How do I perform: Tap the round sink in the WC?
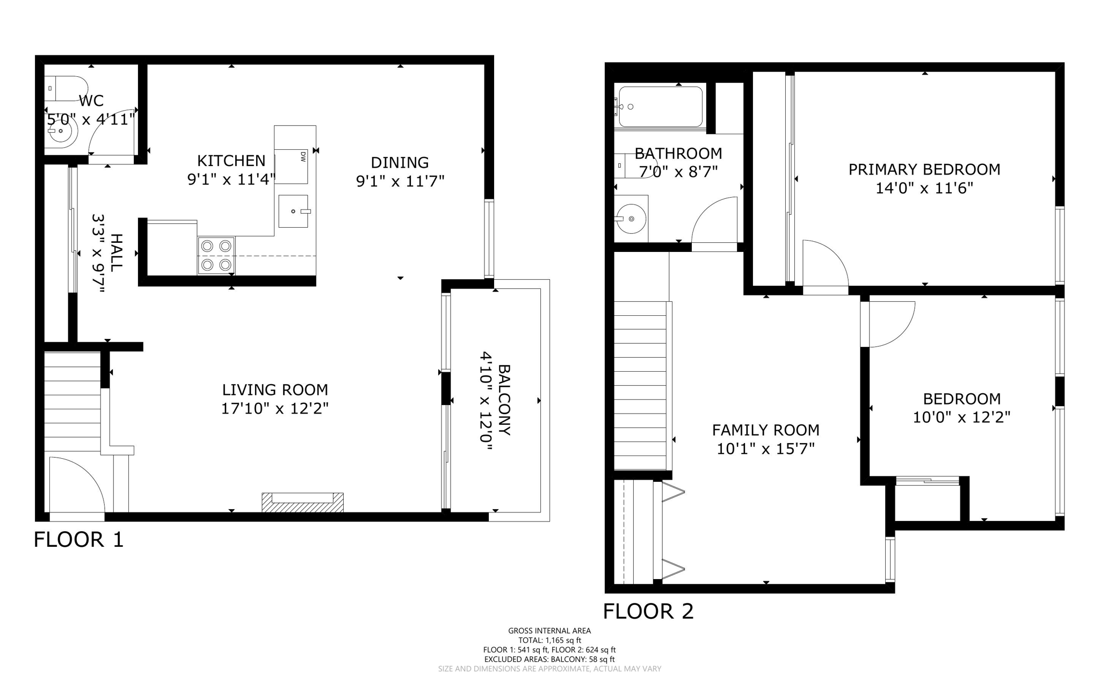point(62,131)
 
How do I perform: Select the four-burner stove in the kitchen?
point(216,255)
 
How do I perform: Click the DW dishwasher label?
point(303,156)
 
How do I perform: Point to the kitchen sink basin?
point(293,211)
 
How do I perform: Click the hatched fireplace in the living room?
point(302,503)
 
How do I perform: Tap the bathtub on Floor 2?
point(660,106)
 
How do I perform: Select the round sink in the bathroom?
point(632,219)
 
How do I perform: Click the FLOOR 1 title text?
point(79,539)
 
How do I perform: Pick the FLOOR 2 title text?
point(648,611)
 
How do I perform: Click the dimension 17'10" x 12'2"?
point(275,409)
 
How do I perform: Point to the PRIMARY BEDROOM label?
point(924,170)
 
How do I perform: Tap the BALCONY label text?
point(504,400)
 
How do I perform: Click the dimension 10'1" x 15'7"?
point(765,449)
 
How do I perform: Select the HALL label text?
point(116,252)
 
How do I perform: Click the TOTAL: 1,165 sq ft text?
point(549,640)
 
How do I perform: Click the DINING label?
point(400,162)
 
